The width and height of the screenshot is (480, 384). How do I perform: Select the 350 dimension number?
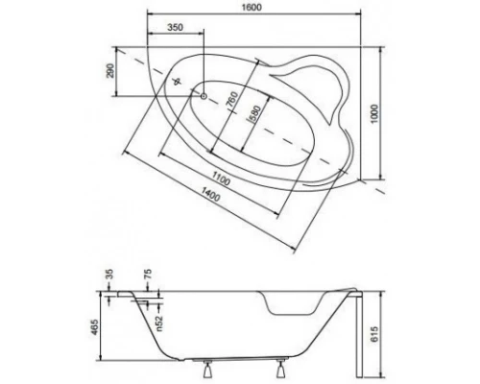point(176,29)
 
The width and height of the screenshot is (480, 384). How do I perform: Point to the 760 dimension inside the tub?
point(230,98)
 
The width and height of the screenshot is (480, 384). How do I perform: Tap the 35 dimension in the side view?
point(108,275)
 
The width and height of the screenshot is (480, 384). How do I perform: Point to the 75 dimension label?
point(147,275)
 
